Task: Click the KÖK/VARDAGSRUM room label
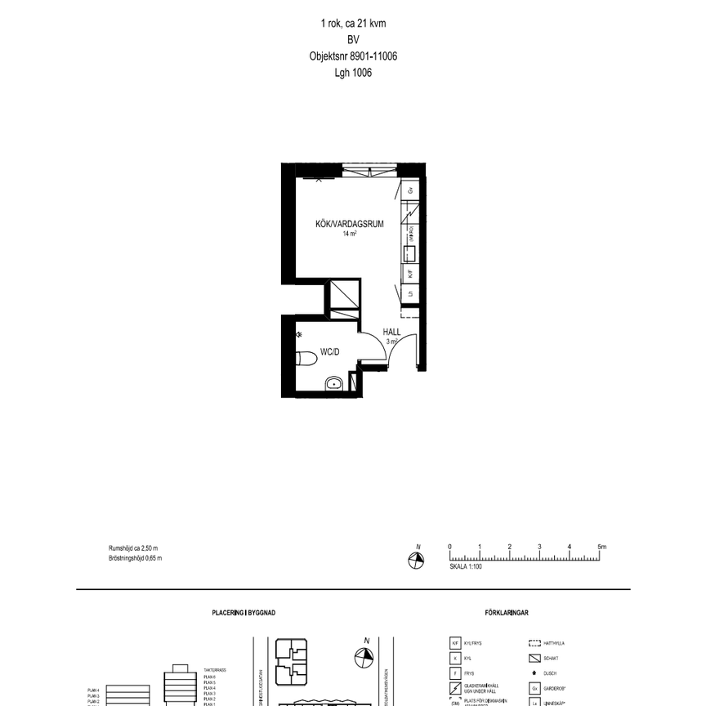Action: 350,223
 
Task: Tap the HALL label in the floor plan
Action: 391,333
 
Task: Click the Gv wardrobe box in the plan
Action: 411,190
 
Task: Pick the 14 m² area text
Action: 350,234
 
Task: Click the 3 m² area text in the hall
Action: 391,342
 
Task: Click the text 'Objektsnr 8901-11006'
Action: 353,56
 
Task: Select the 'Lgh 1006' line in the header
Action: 353,73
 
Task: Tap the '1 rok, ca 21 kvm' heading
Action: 353,25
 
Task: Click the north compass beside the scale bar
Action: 417,559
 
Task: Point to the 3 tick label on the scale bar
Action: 539,547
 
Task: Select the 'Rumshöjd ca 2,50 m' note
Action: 133,548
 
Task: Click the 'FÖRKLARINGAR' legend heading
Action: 507,611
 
